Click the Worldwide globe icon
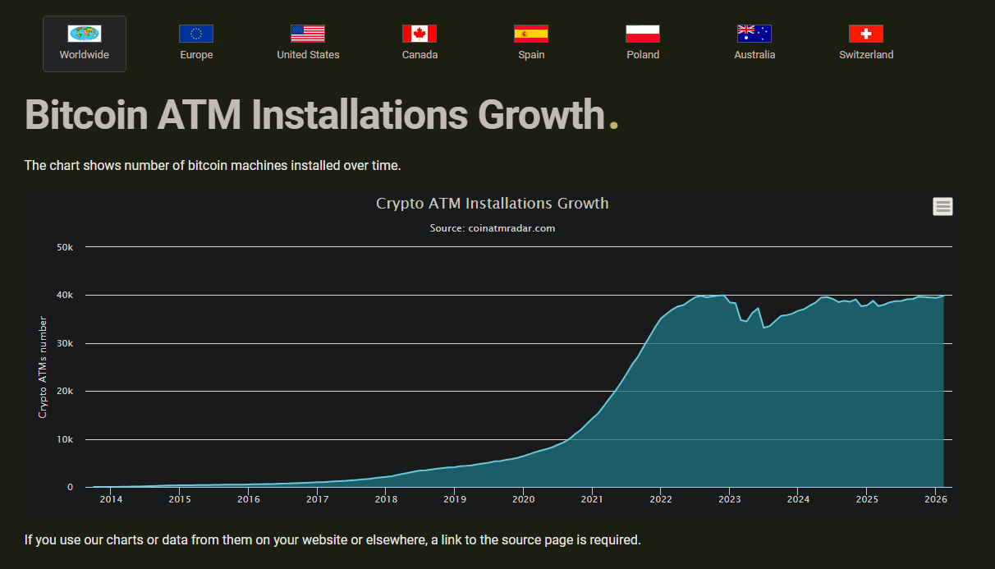[85, 34]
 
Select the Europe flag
[196, 34]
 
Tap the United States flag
[308, 34]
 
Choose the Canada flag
[420, 34]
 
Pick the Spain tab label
[531, 55]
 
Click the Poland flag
[643, 34]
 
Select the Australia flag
[754, 34]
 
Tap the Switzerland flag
[866, 34]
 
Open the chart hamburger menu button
[942, 207]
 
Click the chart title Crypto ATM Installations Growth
[493, 203]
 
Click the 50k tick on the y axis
[64, 247]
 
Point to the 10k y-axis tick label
[64, 440]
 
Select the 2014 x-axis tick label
[111, 499]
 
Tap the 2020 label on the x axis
[523, 499]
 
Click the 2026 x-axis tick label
[935, 499]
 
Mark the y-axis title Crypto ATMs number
[43, 367]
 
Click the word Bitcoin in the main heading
[87, 115]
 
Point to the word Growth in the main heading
[541, 115]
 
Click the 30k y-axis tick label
[64, 343]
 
